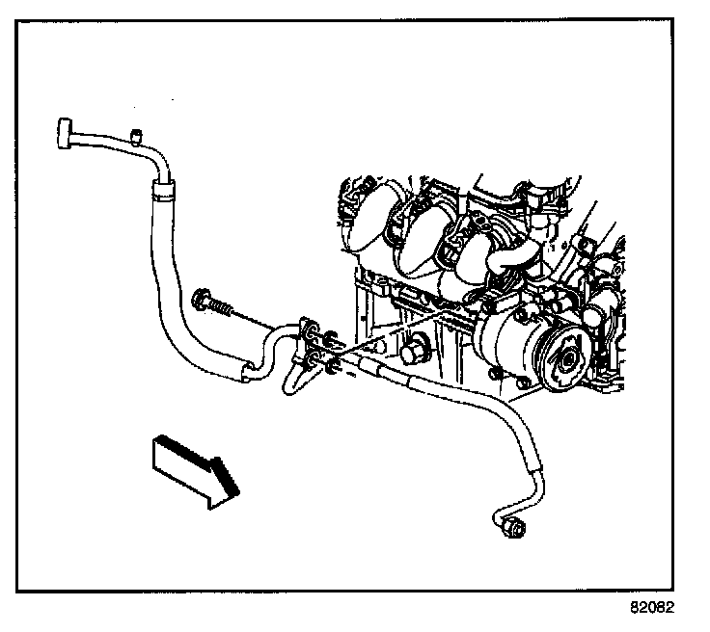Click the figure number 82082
[652, 609]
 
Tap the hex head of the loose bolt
[205, 299]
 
